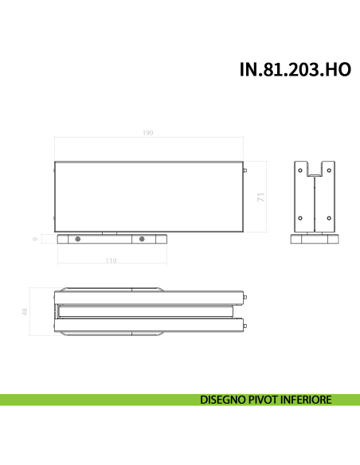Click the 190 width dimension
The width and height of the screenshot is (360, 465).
tap(148, 132)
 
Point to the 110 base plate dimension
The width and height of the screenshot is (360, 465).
tap(111, 260)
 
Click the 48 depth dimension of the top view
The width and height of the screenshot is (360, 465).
tap(25, 314)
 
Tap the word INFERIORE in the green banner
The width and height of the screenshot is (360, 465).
tap(307, 400)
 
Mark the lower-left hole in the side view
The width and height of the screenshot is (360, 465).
tap(300, 216)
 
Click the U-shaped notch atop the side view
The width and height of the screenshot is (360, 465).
tap(315, 168)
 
